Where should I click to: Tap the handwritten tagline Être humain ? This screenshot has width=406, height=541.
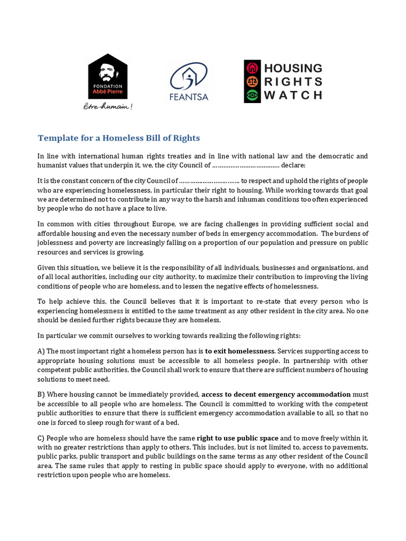tap(108, 106)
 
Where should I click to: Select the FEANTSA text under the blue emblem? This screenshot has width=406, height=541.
tap(188, 97)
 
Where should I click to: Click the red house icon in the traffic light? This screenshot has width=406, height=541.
tap(252, 68)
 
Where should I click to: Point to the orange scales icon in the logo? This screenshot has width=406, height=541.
tap(252, 81)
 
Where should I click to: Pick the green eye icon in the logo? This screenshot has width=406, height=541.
tap(252, 95)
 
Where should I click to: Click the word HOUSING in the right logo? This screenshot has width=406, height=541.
tap(292, 68)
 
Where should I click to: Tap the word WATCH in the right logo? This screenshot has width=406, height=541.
tap(292, 95)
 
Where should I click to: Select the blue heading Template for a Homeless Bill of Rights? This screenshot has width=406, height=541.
tap(119, 138)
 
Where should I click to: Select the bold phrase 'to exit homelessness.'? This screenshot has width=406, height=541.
tap(240, 351)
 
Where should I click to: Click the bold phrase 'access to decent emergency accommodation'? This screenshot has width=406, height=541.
tap(276, 394)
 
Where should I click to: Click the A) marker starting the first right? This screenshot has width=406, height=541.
tap(41, 351)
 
